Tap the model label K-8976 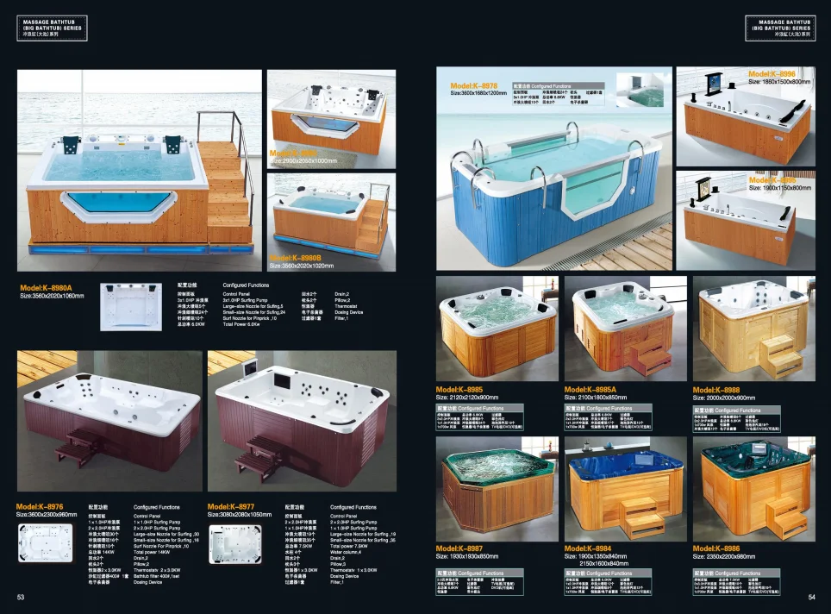click(x=40, y=506)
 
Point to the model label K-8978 click(x=474, y=85)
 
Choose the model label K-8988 click(x=716, y=389)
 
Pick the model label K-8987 click(x=459, y=548)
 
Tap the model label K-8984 click(x=588, y=548)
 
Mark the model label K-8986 click(x=716, y=548)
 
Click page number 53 click(x=21, y=597)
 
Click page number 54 click(x=811, y=597)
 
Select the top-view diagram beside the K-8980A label click(x=132, y=306)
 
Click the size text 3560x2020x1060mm click(x=53, y=297)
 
